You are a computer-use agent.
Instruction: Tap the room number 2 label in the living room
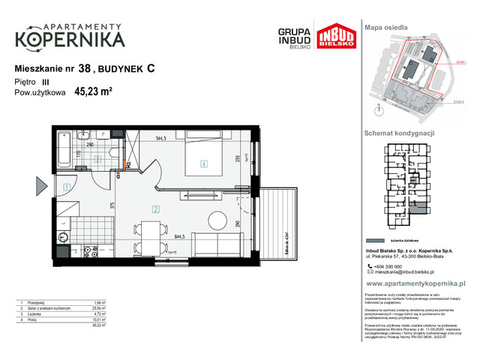tap(154, 209)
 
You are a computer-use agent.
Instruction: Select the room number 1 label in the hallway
tap(67, 187)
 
